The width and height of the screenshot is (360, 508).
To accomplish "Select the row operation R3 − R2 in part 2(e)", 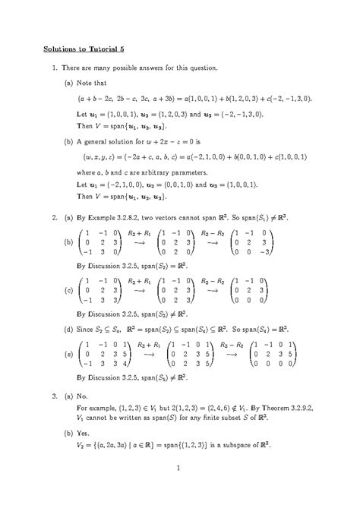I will pos(233,345).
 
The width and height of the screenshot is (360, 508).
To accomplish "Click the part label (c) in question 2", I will pos(69,290).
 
